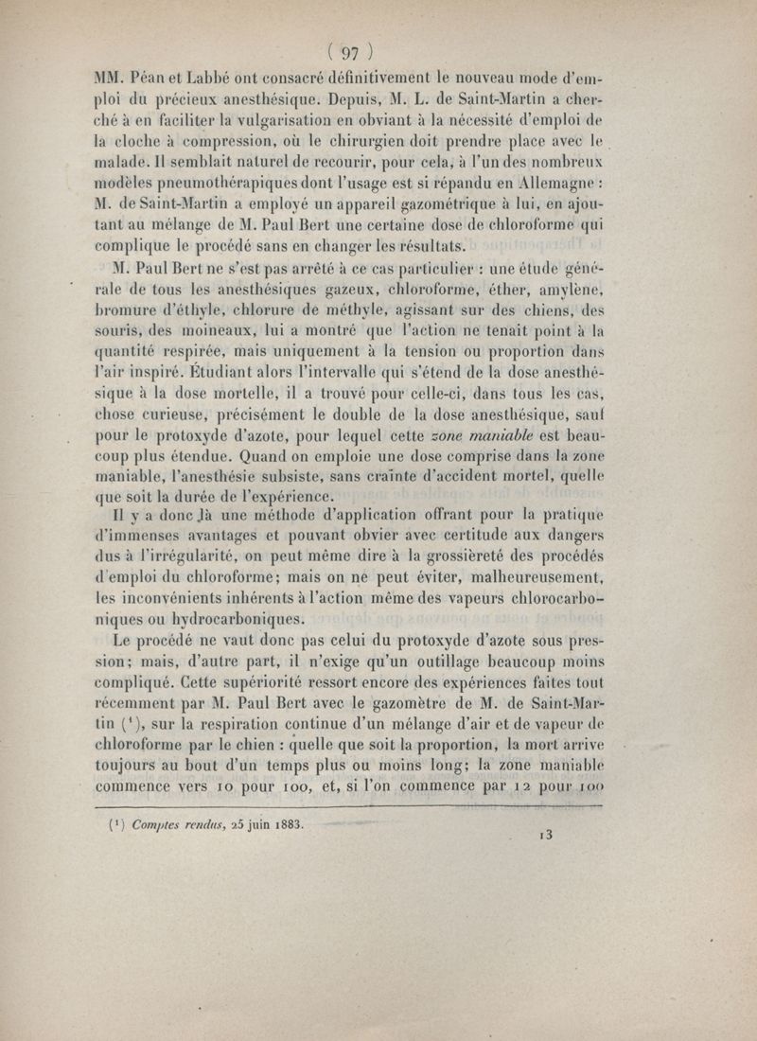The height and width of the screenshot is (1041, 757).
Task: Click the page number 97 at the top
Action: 348,52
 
